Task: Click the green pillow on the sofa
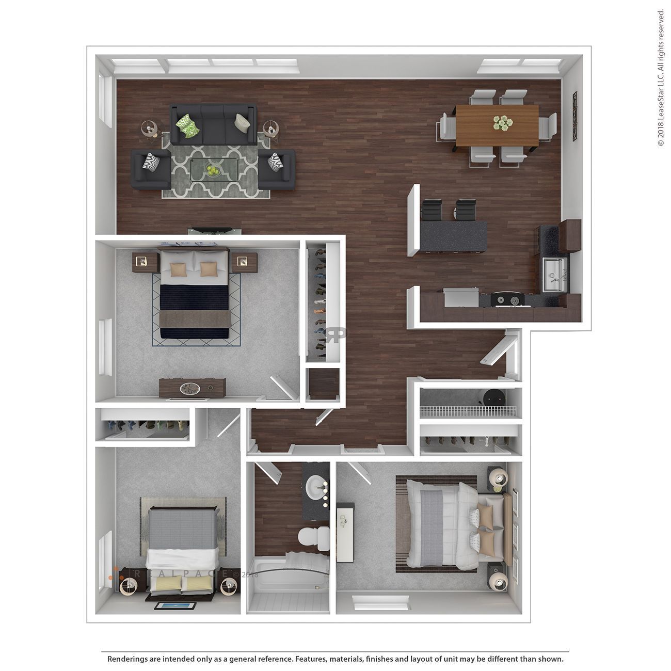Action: pyautogui.click(x=187, y=125)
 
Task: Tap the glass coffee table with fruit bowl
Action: pyautogui.click(x=214, y=169)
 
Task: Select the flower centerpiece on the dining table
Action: pyautogui.click(x=501, y=123)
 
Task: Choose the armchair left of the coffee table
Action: pyautogui.click(x=151, y=169)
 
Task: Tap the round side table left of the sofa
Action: pyautogui.click(x=150, y=127)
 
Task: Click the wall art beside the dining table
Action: pyautogui.click(x=574, y=116)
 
